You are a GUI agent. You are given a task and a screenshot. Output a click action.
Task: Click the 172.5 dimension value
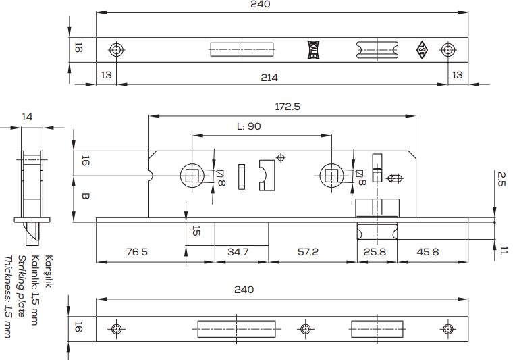(x=288, y=107)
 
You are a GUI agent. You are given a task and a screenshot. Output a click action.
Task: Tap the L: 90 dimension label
(x=249, y=126)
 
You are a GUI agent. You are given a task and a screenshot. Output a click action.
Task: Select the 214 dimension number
(x=269, y=78)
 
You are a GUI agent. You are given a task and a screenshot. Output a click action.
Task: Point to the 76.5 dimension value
(x=137, y=252)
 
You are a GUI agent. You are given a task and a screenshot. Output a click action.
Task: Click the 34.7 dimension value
(x=238, y=252)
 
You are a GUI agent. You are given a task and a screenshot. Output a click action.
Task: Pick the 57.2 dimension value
(x=308, y=252)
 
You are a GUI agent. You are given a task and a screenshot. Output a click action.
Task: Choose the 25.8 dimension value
(x=375, y=252)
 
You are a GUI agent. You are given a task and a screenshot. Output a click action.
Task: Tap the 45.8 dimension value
(x=428, y=252)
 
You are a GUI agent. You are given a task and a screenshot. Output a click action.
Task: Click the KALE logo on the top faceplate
(x=314, y=50)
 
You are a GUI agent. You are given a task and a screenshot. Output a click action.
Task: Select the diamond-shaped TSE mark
(x=422, y=50)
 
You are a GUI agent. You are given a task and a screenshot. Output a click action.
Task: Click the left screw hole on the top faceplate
(x=116, y=50)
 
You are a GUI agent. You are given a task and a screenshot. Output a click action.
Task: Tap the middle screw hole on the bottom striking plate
(x=305, y=329)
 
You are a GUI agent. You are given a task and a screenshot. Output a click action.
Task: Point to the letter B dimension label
(x=86, y=197)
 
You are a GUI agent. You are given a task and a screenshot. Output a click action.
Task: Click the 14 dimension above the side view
(x=27, y=117)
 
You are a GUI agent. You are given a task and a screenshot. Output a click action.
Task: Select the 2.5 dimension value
(x=501, y=179)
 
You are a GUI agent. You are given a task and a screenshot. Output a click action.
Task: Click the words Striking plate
(x=21, y=286)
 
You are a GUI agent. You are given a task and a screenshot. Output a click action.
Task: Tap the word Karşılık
(x=49, y=272)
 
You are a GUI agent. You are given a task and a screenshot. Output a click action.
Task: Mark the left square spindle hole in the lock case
(x=192, y=176)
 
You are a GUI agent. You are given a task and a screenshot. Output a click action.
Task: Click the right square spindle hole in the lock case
(x=331, y=176)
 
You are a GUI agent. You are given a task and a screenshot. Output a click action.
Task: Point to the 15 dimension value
(x=196, y=231)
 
